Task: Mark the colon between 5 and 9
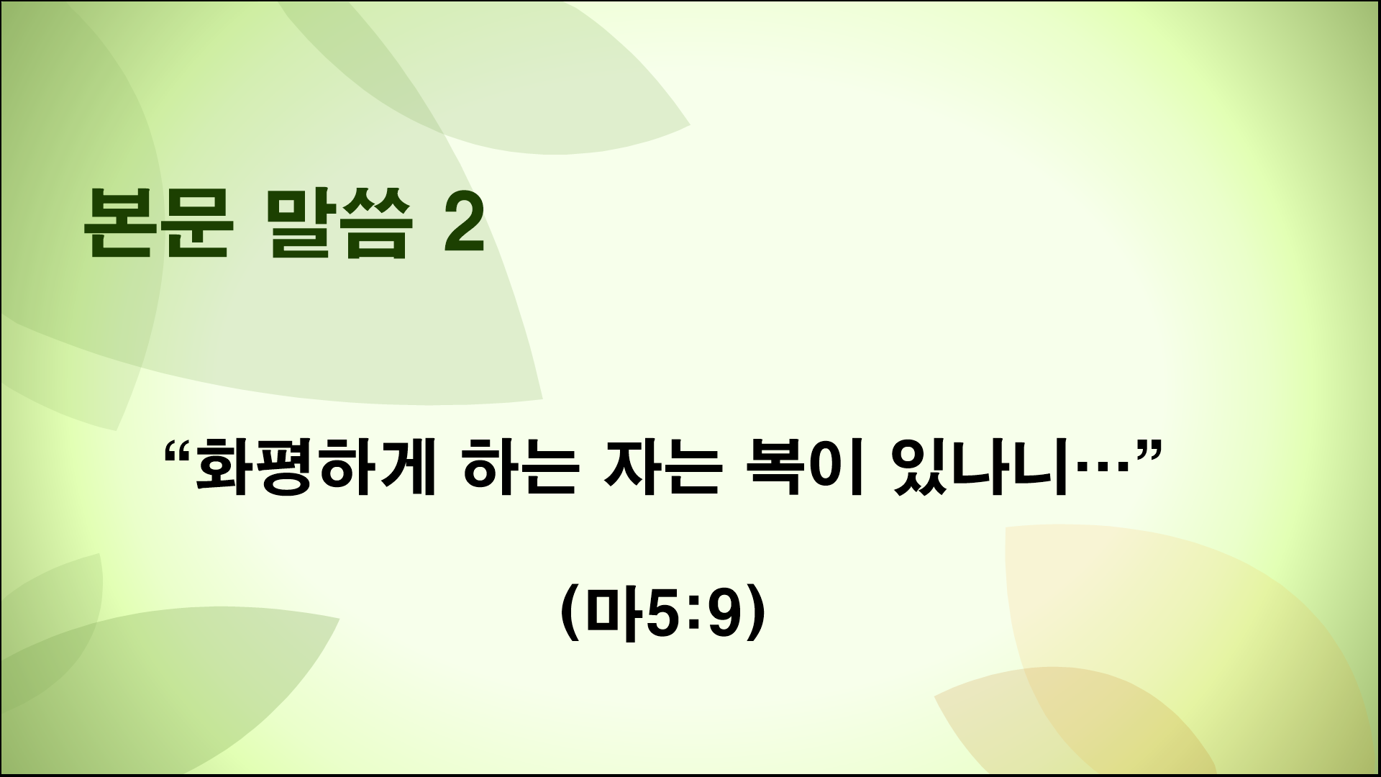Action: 694,614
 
